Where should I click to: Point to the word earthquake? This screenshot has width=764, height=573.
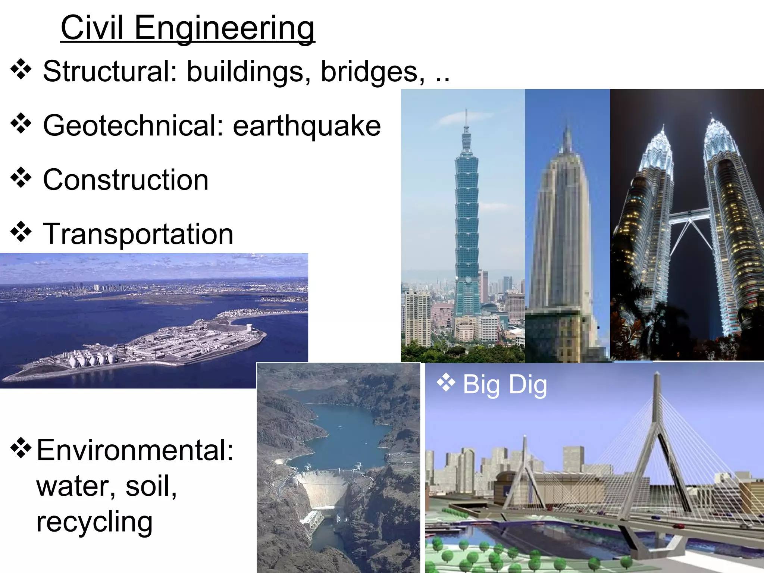pos(307,126)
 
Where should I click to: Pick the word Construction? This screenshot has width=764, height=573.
pos(126,180)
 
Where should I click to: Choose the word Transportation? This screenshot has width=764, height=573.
pos(138,234)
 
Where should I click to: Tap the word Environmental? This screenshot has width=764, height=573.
pos(135,450)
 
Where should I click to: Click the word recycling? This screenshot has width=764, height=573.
pos(94,522)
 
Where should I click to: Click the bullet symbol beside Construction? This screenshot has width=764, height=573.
pos(21,178)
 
